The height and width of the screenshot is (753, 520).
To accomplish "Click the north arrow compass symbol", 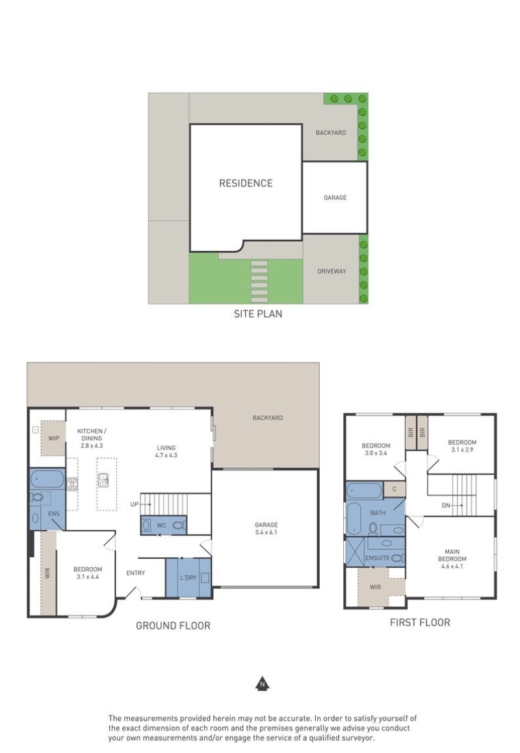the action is coord(262,684).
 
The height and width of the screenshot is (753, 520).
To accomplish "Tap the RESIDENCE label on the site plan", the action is coord(246,183).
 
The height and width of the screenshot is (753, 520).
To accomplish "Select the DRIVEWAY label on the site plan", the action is coord(331,272).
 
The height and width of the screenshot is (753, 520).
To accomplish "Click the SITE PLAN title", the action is coord(258,314).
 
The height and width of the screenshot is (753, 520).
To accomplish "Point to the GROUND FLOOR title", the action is coord(173,626).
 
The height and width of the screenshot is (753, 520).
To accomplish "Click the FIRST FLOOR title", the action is coord(420,622).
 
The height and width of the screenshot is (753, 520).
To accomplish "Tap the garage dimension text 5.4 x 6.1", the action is coord(266,532).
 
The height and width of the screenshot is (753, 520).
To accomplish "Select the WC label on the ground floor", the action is coord(161,526).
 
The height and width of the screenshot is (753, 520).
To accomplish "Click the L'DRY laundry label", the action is coord(188,577).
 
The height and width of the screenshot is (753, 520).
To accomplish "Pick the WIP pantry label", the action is coord(53,438).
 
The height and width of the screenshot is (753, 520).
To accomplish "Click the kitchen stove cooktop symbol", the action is coord(73,483).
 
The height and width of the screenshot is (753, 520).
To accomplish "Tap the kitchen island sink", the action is coord(103,479).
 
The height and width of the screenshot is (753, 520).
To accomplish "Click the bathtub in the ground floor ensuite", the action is coord(47,479).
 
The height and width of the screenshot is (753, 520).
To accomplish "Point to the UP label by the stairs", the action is coord(134,504).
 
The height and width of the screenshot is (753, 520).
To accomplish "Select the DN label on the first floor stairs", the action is coord(446,505).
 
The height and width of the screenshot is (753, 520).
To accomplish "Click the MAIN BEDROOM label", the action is coord(452,555).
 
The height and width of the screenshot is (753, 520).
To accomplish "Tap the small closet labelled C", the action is coord(395,489).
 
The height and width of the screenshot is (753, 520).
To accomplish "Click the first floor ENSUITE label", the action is coord(377,558).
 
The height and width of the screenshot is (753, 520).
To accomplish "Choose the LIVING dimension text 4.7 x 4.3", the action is coord(166,455).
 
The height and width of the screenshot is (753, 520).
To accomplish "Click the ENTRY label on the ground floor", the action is coord(136,573).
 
